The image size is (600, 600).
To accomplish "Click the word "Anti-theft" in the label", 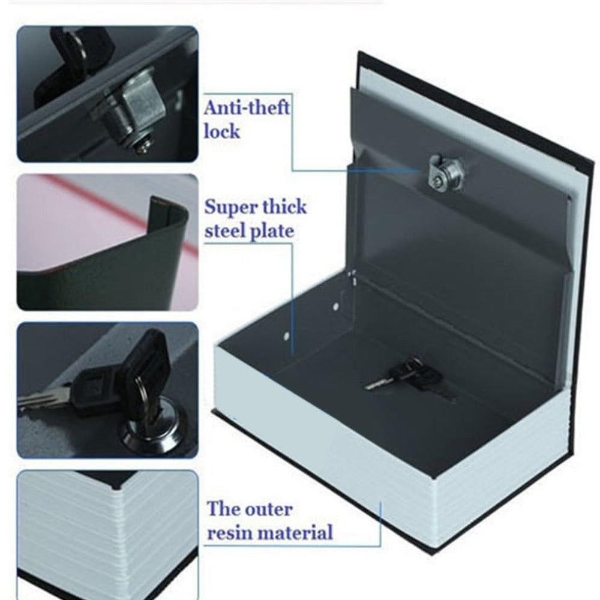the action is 247,107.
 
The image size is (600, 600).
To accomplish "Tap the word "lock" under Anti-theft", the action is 222,131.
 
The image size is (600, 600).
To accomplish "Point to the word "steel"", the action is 224,231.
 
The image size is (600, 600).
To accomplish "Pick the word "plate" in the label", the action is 271,232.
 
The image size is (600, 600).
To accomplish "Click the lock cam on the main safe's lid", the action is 445,173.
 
